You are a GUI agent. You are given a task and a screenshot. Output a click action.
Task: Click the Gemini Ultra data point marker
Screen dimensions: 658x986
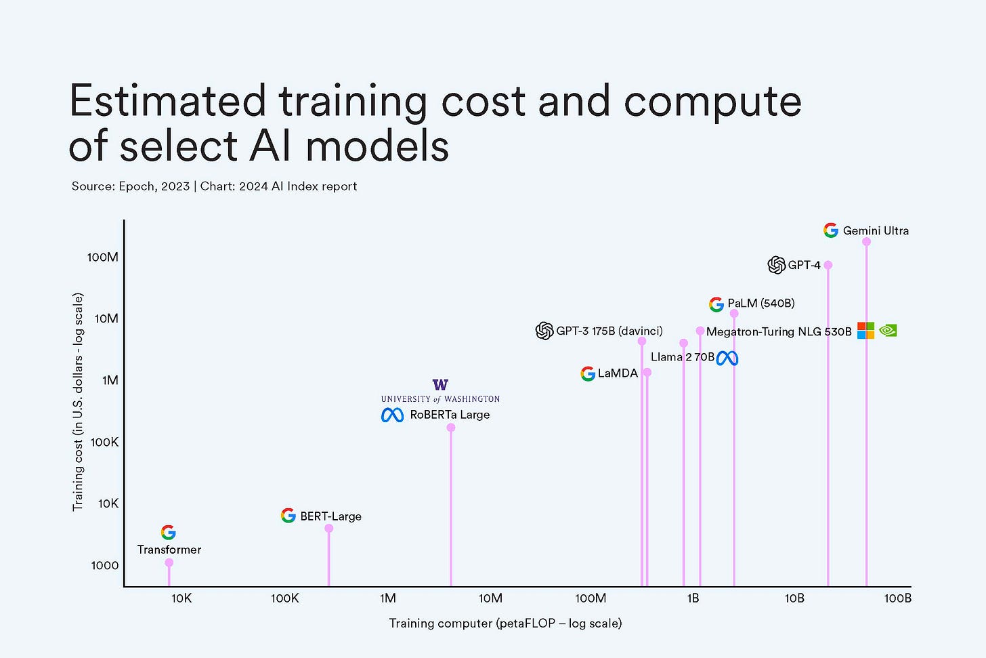click(x=866, y=242)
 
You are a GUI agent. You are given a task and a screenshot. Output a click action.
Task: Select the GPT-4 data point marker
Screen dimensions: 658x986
click(x=828, y=265)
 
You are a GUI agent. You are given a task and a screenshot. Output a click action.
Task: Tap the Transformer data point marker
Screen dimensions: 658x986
click(x=169, y=562)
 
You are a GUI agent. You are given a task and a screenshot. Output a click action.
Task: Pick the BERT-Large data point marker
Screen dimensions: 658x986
click(x=328, y=529)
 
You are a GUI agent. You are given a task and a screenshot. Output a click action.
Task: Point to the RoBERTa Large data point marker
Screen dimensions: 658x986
click(x=451, y=428)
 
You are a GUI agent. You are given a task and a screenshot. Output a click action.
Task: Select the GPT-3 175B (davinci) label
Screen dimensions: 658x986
click(x=609, y=331)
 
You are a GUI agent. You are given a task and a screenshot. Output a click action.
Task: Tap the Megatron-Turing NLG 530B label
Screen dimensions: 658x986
click(x=779, y=331)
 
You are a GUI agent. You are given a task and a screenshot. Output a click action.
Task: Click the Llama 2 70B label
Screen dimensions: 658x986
click(x=682, y=357)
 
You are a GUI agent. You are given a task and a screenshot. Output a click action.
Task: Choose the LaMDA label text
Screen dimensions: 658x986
click(x=618, y=373)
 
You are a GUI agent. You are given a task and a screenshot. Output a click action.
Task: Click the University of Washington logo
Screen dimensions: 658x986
click(x=440, y=390)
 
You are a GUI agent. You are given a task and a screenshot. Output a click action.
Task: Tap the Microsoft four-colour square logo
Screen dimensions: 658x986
click(x=865, y=331)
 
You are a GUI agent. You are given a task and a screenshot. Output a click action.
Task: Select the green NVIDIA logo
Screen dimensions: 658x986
click(x=887, y=331)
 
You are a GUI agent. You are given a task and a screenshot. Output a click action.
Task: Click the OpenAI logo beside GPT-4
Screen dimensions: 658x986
click(x=776, y=265)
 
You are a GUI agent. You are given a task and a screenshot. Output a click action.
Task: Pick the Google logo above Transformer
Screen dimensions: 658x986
click(x=169, y=533)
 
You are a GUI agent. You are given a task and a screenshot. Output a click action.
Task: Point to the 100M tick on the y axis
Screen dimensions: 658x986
click(x=103, y=257)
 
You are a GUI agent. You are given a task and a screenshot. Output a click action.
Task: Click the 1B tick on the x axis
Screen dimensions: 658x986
click(x=693, y=598)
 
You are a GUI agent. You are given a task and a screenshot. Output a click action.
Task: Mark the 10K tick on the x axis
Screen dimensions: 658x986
click(x=181, y=598)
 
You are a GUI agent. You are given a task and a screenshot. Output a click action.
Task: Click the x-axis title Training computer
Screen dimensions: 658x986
click(x=505, y=623)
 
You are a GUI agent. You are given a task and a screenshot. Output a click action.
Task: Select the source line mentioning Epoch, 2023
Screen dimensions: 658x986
click(x=214, y=186)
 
